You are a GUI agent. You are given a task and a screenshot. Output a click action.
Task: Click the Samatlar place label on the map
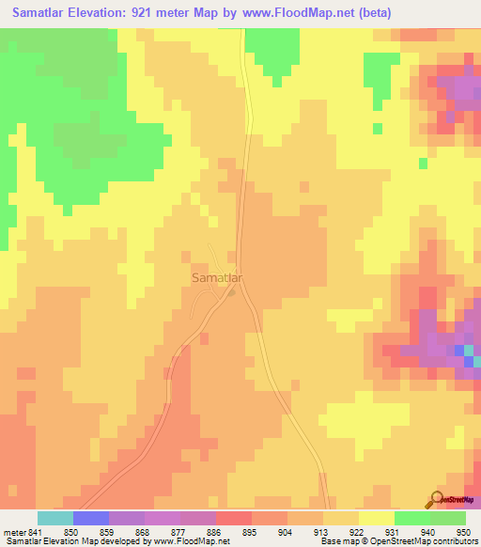[218, 279]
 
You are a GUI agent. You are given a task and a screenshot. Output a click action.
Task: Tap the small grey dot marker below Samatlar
[232, 292]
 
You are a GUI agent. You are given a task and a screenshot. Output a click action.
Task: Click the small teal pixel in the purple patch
[477, 361]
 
